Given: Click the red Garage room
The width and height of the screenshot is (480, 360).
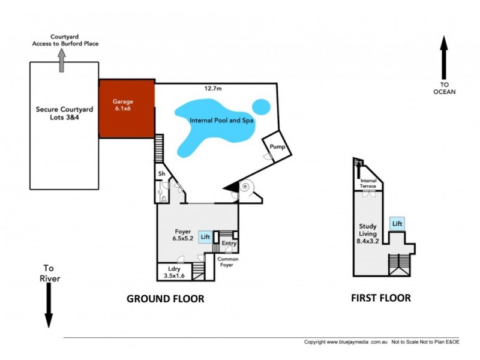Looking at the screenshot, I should pyautogui.click(x=127, y=109).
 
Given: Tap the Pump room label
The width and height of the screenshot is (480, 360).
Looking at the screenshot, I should pyautogui.click(x=277, y=147).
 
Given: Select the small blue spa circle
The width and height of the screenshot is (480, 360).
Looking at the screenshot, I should pyautogui.click(x=260, y=107).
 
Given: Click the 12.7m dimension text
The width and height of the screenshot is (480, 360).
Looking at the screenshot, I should pyautogui.click(x=212, y=89).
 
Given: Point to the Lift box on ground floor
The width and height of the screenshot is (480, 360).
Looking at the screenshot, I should pyautogui.click(x=205, y=238).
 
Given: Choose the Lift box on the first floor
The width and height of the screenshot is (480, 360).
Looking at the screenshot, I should pyautogui.click(x=397, y=224).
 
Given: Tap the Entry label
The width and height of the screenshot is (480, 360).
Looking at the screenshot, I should pyautogui.click(x=229, y=243).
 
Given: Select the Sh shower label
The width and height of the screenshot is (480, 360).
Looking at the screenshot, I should pyautogui.click(x=161, y=174).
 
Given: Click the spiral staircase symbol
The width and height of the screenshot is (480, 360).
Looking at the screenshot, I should pyautogui.click(x=245, y=188).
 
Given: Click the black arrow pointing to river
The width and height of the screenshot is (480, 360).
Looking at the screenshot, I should pyautogui.click(x=49, y=306).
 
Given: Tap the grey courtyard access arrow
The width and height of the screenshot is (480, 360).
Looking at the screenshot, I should pyautogui.click(x=61, y=60).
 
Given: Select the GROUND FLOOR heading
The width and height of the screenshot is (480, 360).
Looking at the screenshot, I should pyautogui.click(x=165, y=298).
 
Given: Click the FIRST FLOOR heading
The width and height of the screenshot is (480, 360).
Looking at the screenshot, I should pyautogui.click(x=382, y=298).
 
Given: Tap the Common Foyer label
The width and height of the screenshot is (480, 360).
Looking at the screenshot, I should pyautogui.click(x=229, y=262).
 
